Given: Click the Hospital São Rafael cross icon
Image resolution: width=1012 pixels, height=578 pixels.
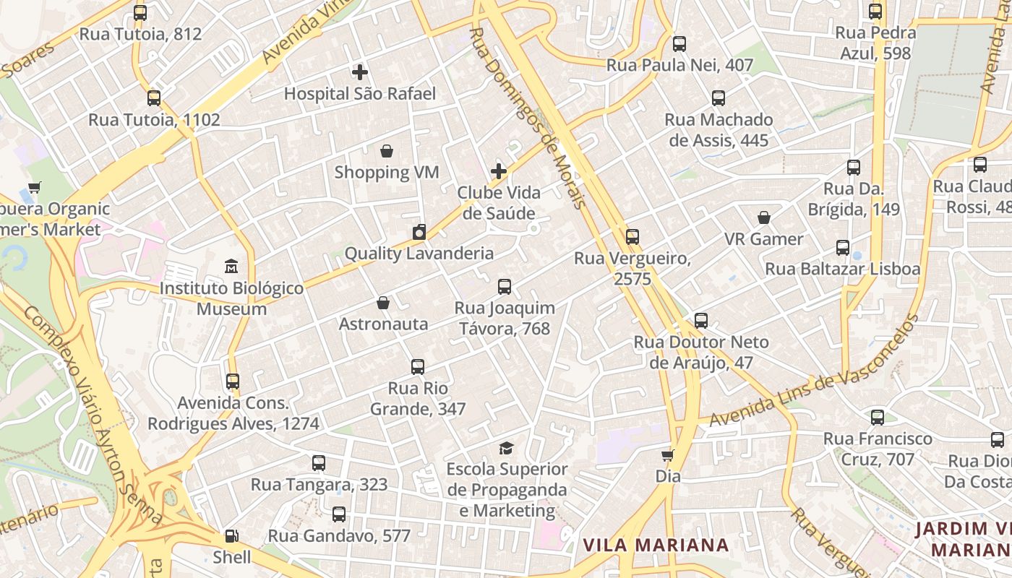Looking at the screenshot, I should click(360, 72).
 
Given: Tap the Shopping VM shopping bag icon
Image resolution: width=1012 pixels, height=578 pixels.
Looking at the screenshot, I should click(387, 151).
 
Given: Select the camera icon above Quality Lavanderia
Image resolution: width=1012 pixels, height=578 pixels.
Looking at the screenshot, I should click(419, 232).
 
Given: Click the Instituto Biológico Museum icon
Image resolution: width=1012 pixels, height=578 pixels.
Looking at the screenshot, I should click(231, 267).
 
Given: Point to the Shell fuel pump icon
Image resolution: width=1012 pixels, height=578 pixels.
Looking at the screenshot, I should click(231, 536).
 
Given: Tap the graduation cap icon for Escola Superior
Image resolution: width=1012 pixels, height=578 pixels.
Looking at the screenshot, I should click(506, 449).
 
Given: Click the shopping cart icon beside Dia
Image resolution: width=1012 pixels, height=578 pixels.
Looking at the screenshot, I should click(668, 455).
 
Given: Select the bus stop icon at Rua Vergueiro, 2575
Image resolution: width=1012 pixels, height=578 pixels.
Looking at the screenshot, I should click(632, 236).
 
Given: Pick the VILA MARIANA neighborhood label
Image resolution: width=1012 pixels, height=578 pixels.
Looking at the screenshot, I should click(656, 545).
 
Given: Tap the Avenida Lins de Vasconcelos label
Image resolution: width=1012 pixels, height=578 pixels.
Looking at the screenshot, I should click(813, 371).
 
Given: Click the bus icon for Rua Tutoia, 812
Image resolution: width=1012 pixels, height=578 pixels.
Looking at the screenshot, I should click(140, 13).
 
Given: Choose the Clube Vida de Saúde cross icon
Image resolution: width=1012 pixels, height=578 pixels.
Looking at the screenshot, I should click(499, 171).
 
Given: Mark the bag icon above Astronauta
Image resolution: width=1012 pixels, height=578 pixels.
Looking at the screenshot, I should click(383, 303).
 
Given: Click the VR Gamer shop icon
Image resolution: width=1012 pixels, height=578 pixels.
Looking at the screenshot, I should click(764, 217).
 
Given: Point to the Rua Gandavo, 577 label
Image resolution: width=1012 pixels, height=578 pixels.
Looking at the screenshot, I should click(339, 536).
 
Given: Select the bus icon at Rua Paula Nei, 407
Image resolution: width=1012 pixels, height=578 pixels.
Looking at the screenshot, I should click(679, 44).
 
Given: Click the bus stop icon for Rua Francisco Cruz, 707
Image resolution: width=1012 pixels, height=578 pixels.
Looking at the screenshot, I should click(878, 417).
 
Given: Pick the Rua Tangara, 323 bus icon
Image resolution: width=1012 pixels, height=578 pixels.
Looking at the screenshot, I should click(319, 463).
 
